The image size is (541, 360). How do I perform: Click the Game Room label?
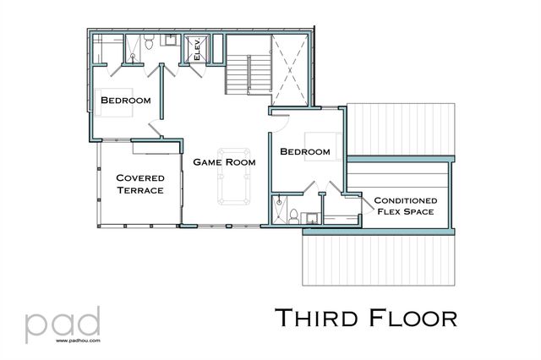[224, 161]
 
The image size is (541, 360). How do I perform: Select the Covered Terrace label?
[140, 184]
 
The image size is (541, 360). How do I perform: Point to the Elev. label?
[197, 50]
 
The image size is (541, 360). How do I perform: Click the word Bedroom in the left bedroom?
[126, 101]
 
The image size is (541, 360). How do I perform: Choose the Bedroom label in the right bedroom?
[305, 151]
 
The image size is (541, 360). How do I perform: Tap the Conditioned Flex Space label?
[404, 205]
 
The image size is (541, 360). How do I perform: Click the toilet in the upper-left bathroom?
[147, 46]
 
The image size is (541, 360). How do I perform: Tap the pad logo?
[63, 324]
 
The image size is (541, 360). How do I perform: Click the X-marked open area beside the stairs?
[291, 68]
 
